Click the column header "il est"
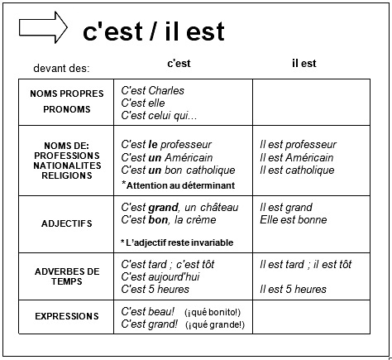(x=304, y=64)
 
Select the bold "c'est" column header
(x=179, y=64)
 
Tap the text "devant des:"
(x=61, y=68)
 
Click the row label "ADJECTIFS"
(x=67, y=223)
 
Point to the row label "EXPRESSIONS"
(x=67, y=316)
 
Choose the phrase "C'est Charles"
(x=153, y=90)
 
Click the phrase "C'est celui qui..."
(x=159, y=116)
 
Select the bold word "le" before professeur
(x=153, y=144)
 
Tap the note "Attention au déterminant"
(x=180, y=185)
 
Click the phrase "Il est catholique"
(x=297, y=170)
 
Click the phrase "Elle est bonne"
(x=294, y=220)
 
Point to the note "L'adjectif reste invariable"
(x=179, y=242)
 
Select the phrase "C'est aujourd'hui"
(x=160, y=276)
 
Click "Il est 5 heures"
(x=293, y=289)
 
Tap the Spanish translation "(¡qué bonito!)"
(x=213, y=312)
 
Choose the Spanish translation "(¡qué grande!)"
(x=215, y=324)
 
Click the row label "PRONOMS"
(x=67, y=109)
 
